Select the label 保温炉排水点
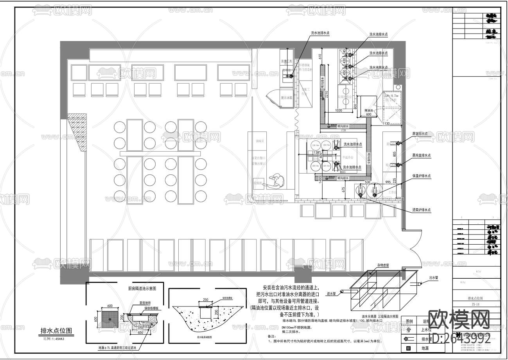pos(421,176)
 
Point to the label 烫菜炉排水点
pos(421,210)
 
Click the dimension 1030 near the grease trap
pos(339,111)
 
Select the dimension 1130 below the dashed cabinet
pos(386,124)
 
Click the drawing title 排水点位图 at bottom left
pos(56,331)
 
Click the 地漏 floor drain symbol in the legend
pos(409,348)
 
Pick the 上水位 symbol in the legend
pos(409,330)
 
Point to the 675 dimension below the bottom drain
pos(343,190)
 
